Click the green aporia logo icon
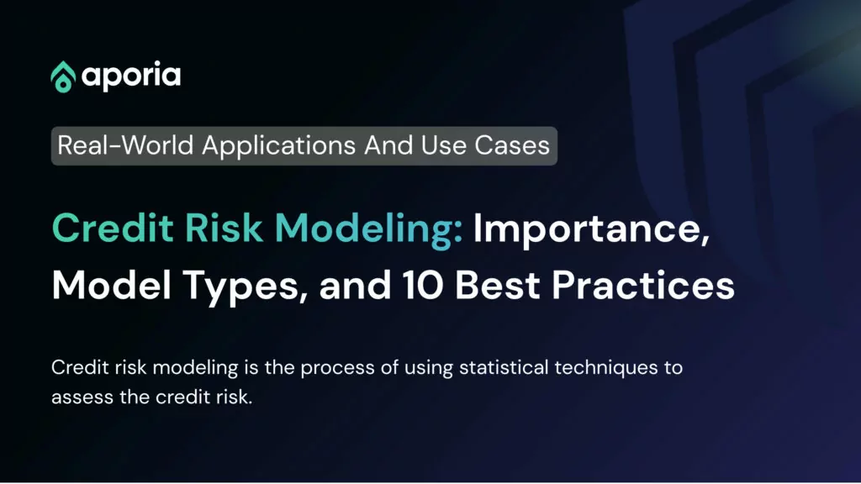pos(63,76)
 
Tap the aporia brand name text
pos(131,76)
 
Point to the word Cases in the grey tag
pos(512,145)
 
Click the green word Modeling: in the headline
pos(368,229)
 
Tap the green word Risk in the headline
pos(224,227)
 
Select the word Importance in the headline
pos(591,229)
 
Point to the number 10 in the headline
pos(422,285)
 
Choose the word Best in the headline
pos(497,285)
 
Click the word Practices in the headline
pos(643,285)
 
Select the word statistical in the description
pos(504,367)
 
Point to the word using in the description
pos(428,369)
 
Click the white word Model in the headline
pos(112,285)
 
